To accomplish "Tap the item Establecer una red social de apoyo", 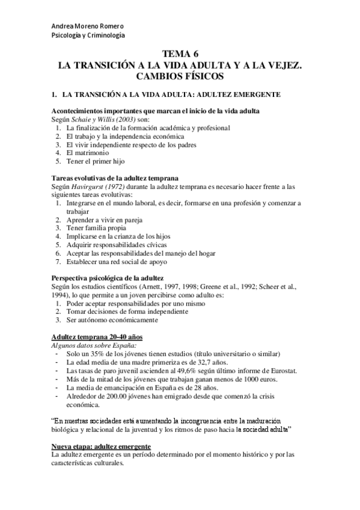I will click(117, 262).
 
